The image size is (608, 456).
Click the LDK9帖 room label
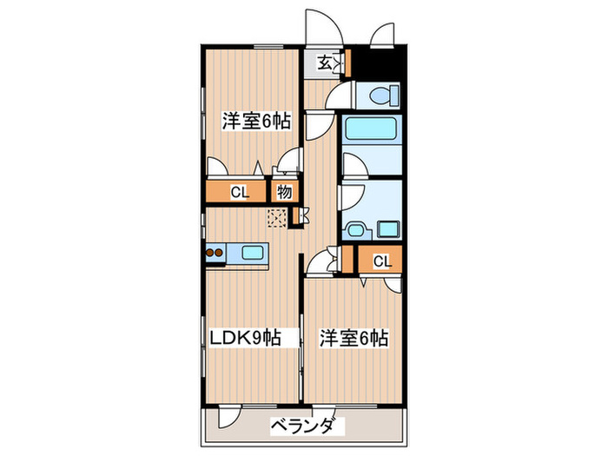(243, 338)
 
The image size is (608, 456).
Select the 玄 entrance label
(323, 63)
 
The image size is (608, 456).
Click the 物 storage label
(284, 192)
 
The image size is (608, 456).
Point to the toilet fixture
(379, 95)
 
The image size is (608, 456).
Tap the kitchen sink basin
(254, 254)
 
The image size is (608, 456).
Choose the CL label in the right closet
(382, 260)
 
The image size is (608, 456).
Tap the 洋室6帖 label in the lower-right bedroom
(352, 338)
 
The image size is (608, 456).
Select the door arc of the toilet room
(345, 95)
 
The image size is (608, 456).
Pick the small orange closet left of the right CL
(348, 260)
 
